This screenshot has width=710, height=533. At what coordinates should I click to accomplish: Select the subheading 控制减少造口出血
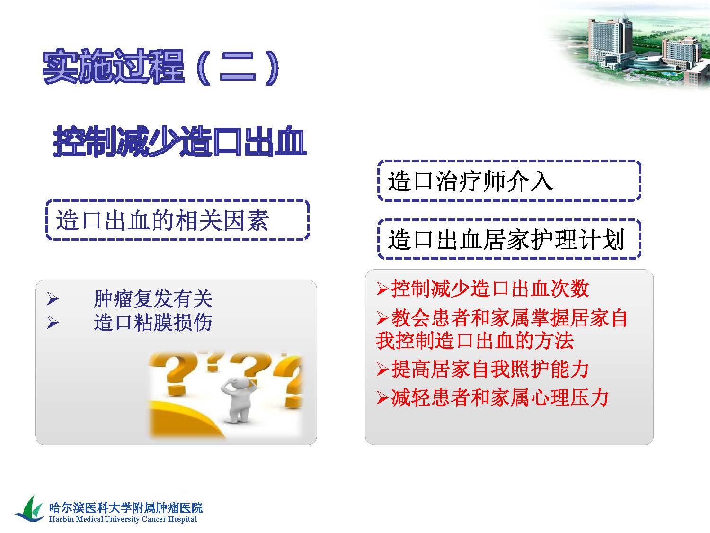coord(180,141)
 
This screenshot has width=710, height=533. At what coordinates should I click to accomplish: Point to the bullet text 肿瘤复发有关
coord(153,298)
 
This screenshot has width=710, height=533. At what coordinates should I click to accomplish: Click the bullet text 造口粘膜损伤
coord(153,322)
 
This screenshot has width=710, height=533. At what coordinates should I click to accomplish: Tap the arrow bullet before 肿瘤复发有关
coord(53,298)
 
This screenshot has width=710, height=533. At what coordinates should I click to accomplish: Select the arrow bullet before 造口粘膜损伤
coord(53,322)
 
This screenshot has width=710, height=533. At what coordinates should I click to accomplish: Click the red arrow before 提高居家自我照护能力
coord(382,369)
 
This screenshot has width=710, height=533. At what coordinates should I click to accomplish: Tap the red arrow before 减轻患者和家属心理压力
coord(382,398)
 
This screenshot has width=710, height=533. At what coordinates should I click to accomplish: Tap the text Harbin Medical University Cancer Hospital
coord(123,519)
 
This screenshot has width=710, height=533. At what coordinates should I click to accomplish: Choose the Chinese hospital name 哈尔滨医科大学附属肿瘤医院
coord(126,507)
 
